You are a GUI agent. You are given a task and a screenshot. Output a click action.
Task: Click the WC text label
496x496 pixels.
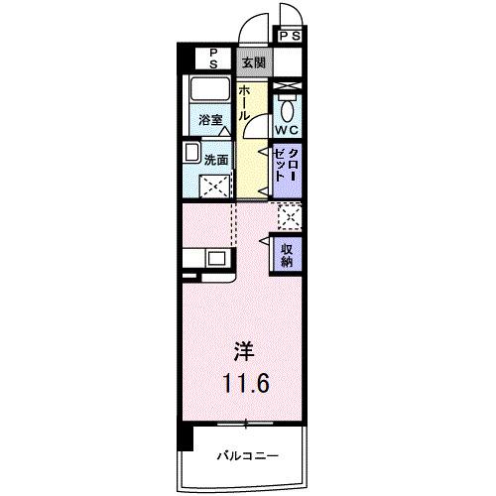click(x=289, y=131)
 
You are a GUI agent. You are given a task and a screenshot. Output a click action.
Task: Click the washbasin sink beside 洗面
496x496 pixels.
click(x=190, y=154)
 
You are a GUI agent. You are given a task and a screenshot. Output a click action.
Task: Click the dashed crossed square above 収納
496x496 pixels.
click(x=289, y=214)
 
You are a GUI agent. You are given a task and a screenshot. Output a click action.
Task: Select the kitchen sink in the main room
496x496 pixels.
click(x=216, y=259)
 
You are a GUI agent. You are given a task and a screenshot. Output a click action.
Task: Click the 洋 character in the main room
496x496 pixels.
click(x=243, y=350)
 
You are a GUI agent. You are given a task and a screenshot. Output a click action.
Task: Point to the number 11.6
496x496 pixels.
click(x=243, y=382)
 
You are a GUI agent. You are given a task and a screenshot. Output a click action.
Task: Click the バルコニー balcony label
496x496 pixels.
click(x=247, y=455)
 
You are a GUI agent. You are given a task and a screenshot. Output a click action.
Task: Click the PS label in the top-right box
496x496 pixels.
click(x=290, y=37)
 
